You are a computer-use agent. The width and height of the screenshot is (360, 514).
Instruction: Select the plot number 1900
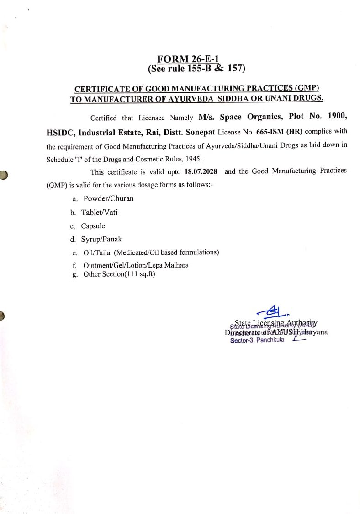(335, 116)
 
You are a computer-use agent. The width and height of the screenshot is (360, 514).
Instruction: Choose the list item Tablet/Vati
(100, 212)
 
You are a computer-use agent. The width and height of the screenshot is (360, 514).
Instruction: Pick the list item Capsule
(93, 226)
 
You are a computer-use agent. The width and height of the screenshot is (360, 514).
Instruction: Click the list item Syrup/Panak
(102, 239)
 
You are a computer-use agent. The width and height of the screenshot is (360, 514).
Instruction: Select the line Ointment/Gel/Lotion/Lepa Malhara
(136, 265)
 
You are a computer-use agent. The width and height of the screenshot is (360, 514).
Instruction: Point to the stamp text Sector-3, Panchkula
(257, 340)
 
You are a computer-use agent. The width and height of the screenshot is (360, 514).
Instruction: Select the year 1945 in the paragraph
(192, 160)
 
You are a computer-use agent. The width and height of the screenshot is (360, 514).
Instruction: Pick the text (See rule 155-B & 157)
(196, 69)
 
